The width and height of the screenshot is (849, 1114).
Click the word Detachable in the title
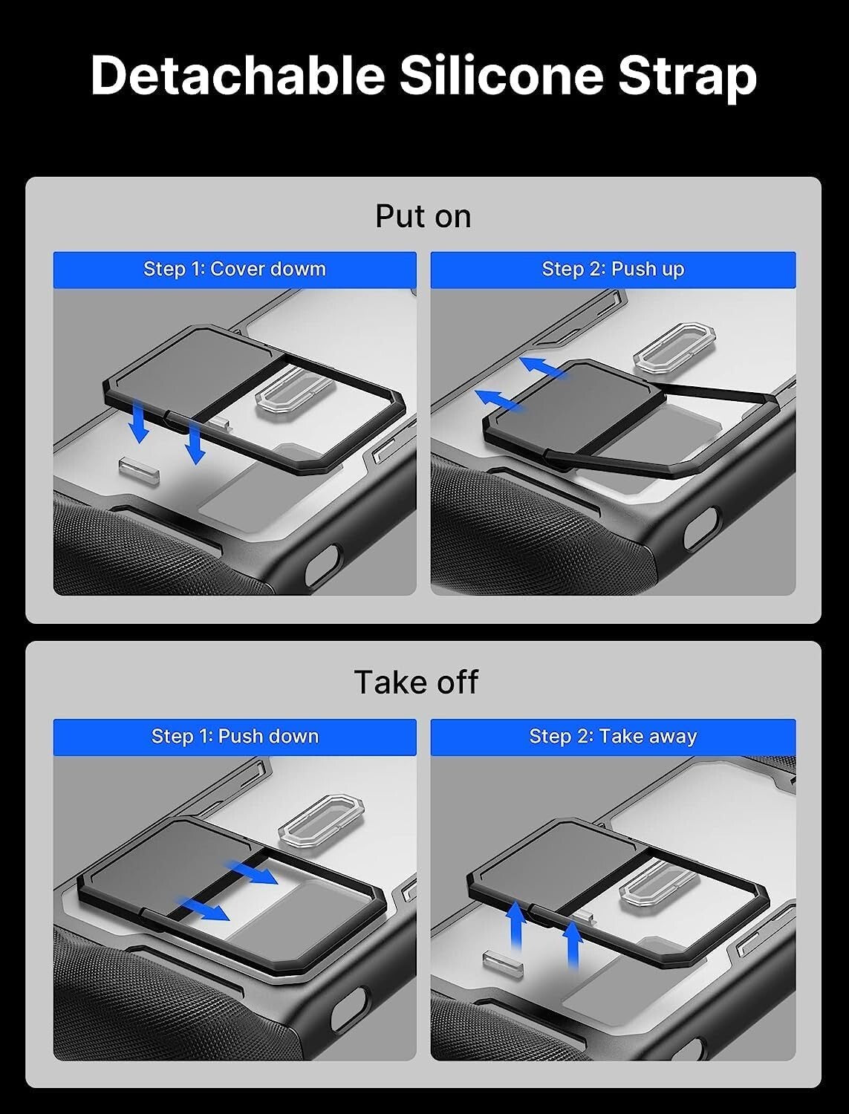click(x=238, y=76)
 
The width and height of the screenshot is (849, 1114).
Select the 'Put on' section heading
click(x=423, y=216)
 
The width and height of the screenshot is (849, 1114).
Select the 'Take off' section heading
click(x=416, y=682)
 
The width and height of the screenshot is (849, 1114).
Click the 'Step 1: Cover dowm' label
click(x=235, y=269)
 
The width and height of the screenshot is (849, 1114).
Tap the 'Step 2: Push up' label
click(x=613, y=269)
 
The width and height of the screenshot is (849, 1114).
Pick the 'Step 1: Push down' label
click(x=235, y=736)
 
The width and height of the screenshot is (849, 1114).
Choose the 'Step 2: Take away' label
click(x=613, y=736)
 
